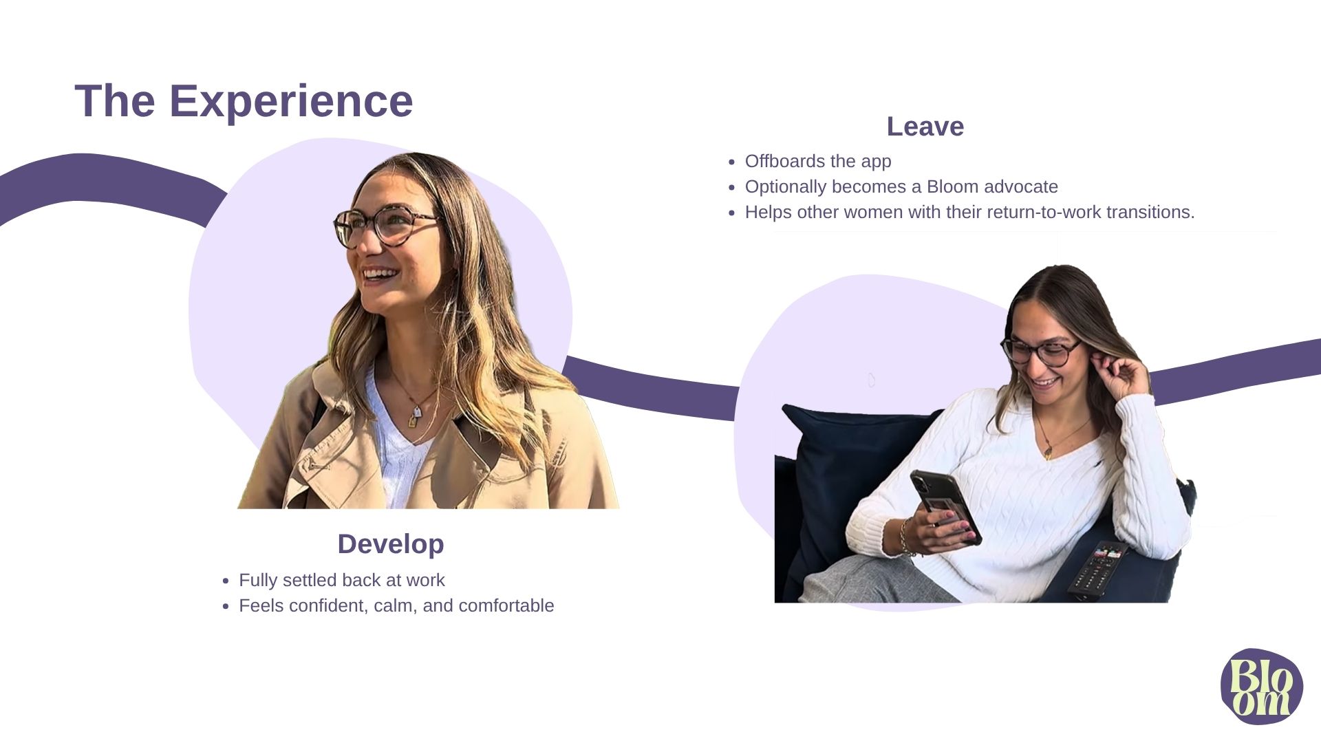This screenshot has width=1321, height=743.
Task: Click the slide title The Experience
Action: [x=244, y=101]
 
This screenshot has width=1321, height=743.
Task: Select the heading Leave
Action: [x=925, y=127]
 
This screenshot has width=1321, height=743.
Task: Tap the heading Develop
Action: [x=391, y=544]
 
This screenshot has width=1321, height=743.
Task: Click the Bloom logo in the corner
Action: [x=1262, y=686]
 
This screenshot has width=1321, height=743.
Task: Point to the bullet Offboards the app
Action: [x=818, y=161]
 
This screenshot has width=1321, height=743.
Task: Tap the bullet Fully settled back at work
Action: [x=342, y=580]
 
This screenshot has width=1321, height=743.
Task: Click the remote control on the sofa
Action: [x=1098, y=569]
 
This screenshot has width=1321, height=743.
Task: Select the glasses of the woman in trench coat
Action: [x=385, y=225]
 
